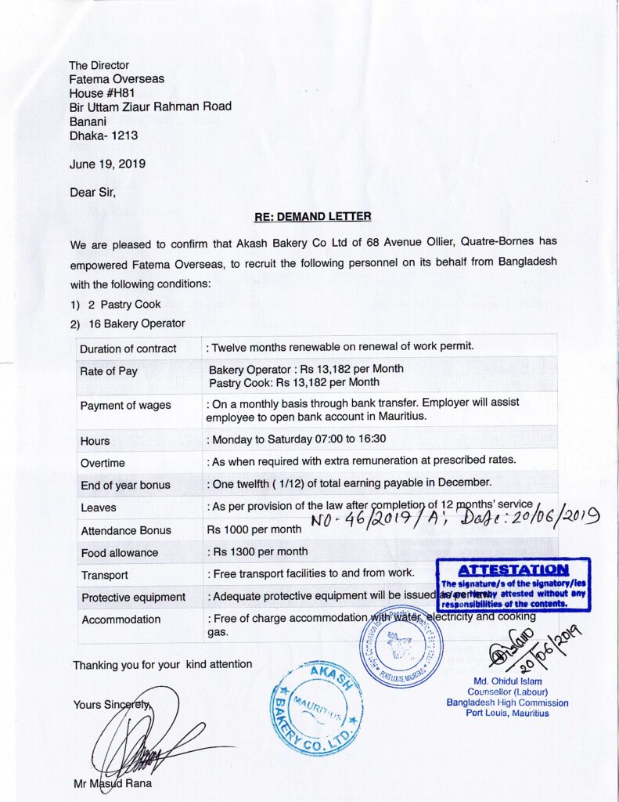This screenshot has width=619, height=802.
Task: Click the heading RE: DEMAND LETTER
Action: pos(313,216)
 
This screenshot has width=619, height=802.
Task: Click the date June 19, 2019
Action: pos(107,164)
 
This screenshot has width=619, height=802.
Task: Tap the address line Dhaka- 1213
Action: pos(103,135)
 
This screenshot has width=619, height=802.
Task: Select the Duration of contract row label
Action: pos(128,349)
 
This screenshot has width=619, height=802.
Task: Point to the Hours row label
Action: pos(95,441)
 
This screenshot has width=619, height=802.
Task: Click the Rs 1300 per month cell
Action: pos(258,551)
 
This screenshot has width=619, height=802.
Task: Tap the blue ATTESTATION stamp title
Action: pos(513,569)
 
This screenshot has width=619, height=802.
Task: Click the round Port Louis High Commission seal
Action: pos(401,646)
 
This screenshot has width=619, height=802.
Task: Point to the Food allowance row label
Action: pos(119,553)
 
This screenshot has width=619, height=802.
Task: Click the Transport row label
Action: pos(104,575)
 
